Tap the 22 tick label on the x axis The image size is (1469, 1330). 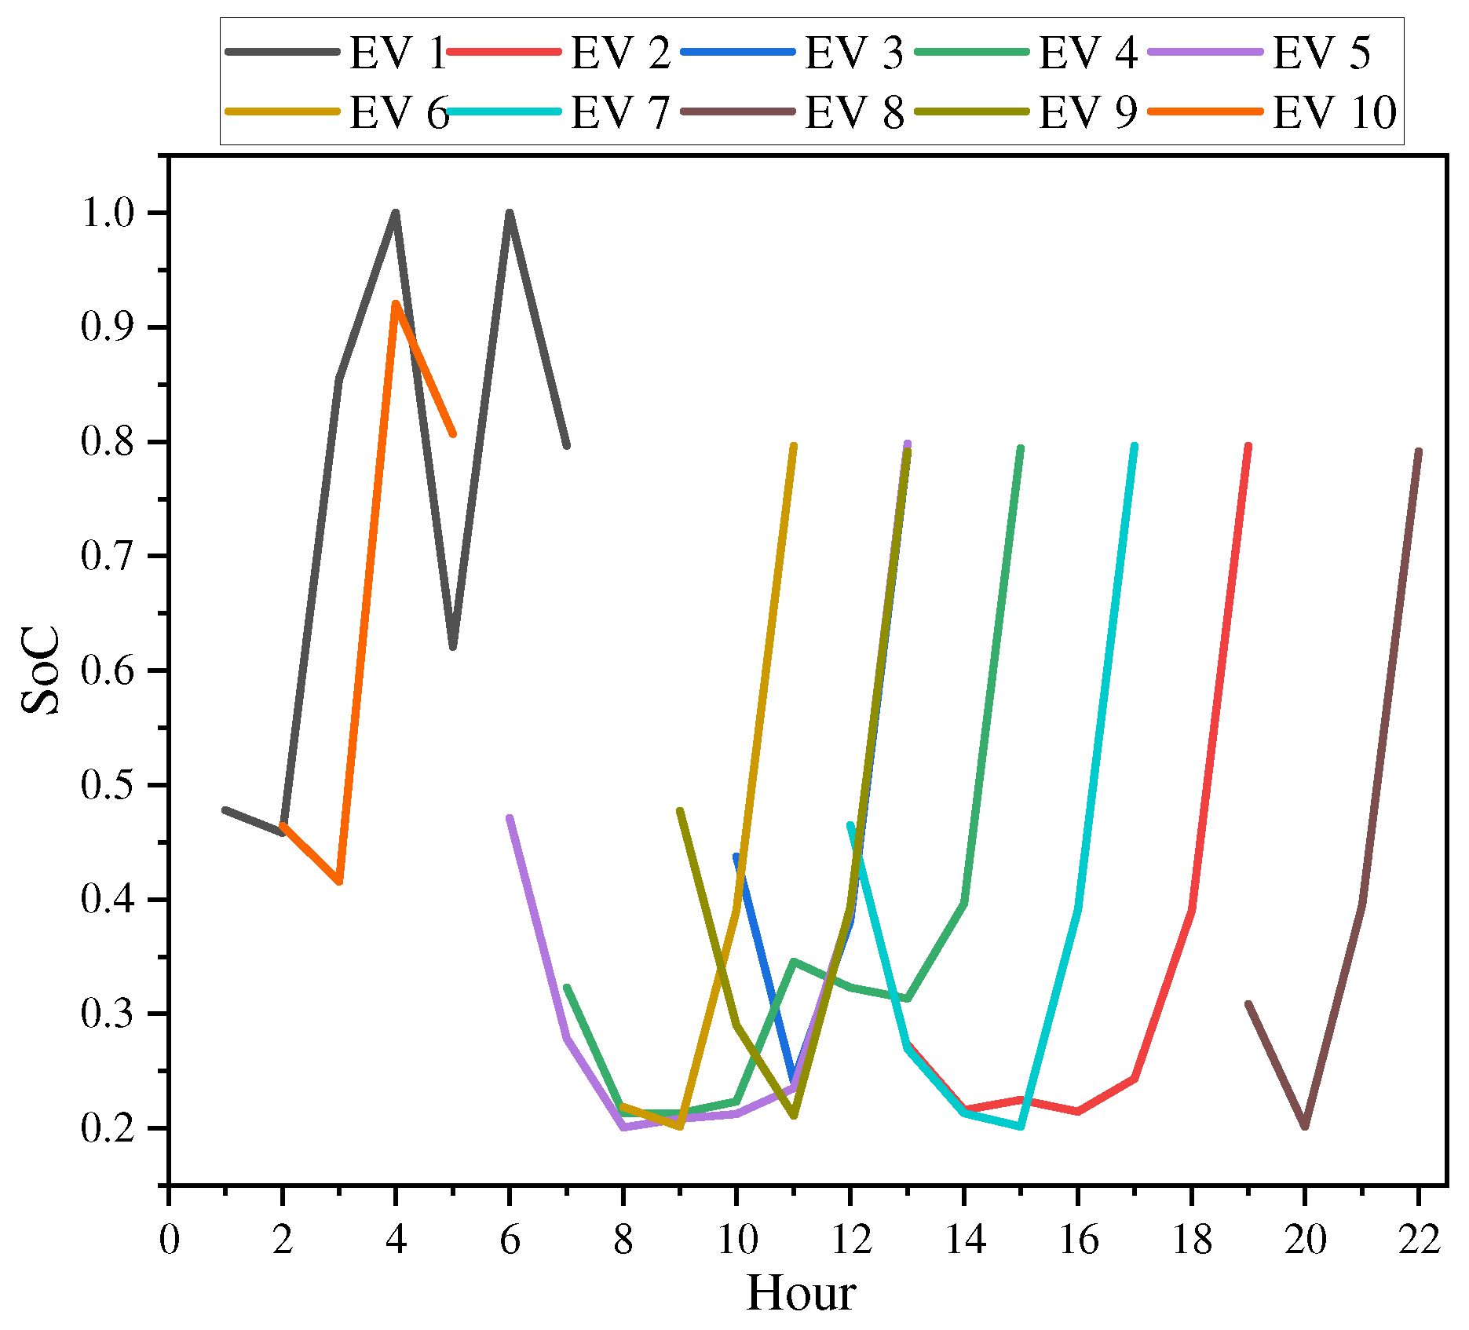pos(1418,1240)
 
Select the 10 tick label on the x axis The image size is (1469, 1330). pos(736,1240)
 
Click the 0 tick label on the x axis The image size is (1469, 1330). pos(169,1240)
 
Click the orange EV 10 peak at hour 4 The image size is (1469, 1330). pos(396,304)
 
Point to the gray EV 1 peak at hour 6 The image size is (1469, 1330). pos(510,213)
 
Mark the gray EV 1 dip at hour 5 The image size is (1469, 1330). pos(453,647)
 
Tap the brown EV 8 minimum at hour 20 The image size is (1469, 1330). pos(1305,1127)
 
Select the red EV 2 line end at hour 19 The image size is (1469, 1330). pos(1248,446)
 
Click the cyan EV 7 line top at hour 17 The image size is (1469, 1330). pos(1134,446)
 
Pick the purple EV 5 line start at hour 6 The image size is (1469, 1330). pos(510,818)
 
